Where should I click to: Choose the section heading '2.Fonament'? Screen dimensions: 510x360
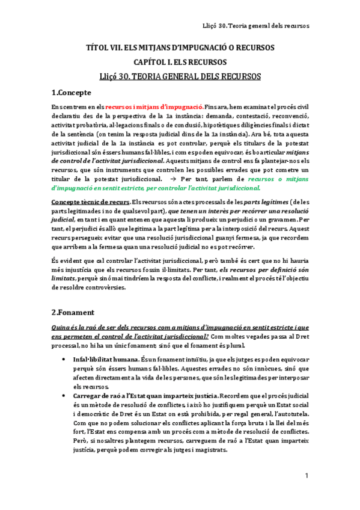tap(72, 312)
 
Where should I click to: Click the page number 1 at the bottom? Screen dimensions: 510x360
tap(306, 476)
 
